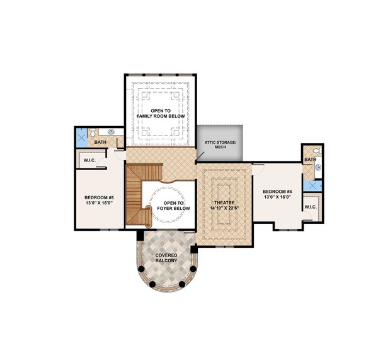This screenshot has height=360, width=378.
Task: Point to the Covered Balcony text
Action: pos(166,257)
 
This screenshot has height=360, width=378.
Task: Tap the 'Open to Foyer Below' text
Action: pos(168,205)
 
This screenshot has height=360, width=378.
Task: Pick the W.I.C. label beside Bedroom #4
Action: pos(311,207)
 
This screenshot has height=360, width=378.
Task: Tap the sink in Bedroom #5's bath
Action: pos(110,132)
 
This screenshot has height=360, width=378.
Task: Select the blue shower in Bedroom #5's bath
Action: pos(81,136)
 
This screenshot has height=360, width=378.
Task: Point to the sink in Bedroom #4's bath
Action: pos(317,168)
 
